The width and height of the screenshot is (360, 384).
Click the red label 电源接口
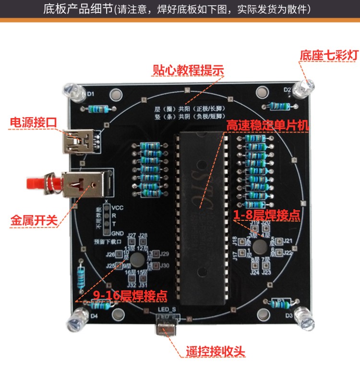[33, 123]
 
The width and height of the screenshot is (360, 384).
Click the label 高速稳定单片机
[268, 126]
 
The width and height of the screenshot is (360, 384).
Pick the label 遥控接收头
[215, 351]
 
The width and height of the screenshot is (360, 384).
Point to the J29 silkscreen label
[164, 254]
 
